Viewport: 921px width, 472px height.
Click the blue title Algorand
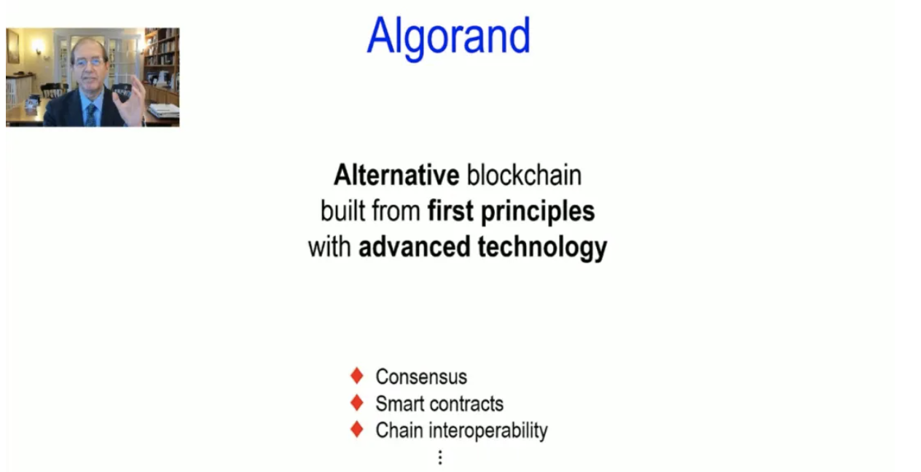pos(449,37)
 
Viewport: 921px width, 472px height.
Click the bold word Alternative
pos(396,175)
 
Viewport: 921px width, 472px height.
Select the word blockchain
pos(524,175)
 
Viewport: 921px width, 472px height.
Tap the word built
pos(342,211)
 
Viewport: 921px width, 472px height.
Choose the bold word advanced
pos(414,247)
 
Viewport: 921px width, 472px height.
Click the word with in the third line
pos(329,247)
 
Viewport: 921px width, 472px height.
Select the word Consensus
pos(421,377)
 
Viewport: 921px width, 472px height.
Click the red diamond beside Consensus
pos(357,376)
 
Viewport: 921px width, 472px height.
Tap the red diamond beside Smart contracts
pos(357,403)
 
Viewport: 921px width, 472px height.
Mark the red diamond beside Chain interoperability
pos(357,429)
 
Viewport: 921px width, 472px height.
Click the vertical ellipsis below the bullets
pos(440,457)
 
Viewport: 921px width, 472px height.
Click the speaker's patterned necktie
pos(91,115)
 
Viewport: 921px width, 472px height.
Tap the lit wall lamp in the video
pos(39,47)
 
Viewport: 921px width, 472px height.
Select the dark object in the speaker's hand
pos(122,93)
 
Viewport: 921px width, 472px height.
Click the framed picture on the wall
pos(12,47)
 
